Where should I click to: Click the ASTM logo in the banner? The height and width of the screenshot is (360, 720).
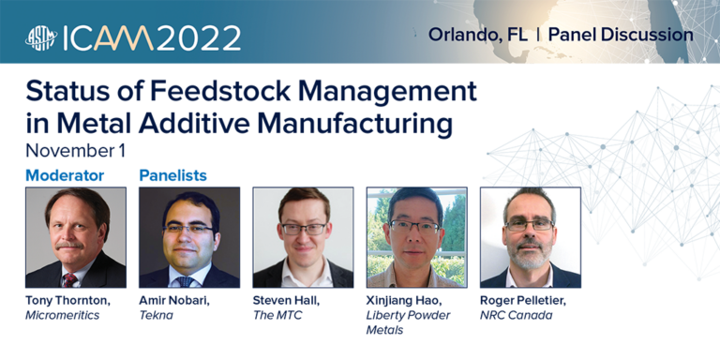pos(41,37)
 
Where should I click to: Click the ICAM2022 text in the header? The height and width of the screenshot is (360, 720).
pos(153,37)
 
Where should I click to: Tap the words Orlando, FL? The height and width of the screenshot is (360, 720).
pos(477,35)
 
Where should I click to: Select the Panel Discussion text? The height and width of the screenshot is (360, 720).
pos(621,35)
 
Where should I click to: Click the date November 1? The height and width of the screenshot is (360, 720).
pos(75,150)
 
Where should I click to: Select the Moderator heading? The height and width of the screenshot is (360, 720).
pos(65,175)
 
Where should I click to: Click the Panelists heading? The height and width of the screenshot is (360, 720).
pos(172,175)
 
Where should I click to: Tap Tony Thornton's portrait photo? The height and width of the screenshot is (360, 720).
pos(75,237)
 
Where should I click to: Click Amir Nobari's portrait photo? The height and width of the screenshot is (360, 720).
pos(189,237)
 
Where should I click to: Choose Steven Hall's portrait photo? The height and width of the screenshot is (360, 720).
pos(303,237)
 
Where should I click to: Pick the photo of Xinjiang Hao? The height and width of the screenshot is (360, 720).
pos(416,237)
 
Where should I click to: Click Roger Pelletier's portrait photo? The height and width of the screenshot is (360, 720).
pos(530,237)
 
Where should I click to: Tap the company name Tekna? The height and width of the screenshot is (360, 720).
pos(156,316)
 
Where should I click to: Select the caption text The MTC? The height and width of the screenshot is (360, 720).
pos(277,316)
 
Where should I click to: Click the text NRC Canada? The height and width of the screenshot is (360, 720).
pos(517,316)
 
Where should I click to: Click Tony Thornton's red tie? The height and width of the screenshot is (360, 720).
pos(70,278)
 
